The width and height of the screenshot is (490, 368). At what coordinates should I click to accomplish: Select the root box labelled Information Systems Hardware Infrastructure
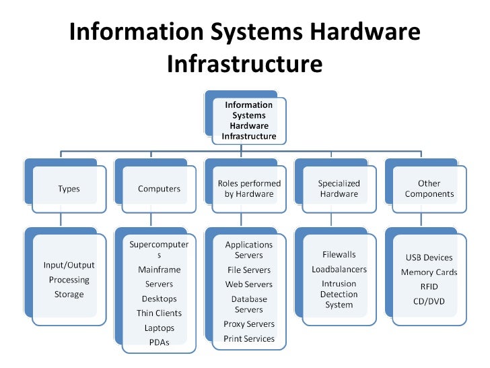click(x=248, y=121)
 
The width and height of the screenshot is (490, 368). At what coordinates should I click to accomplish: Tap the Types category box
click(x=69, y=189)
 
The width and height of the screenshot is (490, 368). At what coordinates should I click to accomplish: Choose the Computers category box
click(x=159, y=189)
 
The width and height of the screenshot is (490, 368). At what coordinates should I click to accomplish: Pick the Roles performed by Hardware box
click(x=249, y=189)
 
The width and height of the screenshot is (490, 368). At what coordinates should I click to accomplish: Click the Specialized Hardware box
click(x=339, y=189)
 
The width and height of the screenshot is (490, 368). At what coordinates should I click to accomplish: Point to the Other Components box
click(x=429, y=189)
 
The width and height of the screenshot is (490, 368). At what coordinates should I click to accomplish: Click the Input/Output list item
click(x=69, y=265)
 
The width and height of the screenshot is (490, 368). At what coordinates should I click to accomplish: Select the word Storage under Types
click(x=69, y=295)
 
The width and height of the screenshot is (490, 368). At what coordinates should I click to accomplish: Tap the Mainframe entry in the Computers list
click(x=159, y=270)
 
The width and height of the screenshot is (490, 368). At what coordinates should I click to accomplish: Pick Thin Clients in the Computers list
click(x=159, y=313)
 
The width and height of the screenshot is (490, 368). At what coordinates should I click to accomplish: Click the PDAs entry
click(x=159, y=342)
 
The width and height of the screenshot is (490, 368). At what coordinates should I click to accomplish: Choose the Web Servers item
click(x=249, y=284)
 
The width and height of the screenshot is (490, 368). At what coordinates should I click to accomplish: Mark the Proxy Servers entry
click(x=249, y=324)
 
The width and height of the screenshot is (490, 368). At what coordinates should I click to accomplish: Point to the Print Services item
click(x=249, y=339)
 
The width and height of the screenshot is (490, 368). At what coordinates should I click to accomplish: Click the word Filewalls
click(x=339, y=255)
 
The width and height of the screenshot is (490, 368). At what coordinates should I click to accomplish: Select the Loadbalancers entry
click(x=339, y=269)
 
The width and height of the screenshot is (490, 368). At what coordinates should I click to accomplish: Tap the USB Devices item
click(x=429, y=257)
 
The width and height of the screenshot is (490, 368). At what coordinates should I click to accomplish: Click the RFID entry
click(x=429, y=286)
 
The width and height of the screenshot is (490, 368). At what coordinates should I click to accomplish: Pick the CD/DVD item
click(x=429, y=301)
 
